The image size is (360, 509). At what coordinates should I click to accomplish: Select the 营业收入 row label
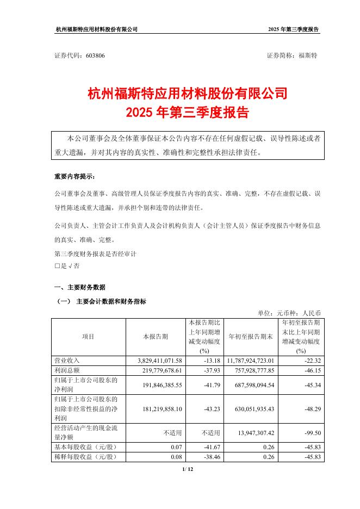click(x=67, y=360)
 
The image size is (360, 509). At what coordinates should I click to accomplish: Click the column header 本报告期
click(x=156, y=337)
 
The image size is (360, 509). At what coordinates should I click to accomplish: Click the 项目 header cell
click(x=88, y=337)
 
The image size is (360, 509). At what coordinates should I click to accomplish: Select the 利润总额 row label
click(x=67, y=369)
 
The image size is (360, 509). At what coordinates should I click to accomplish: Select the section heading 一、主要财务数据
click(x=80, y=287)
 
